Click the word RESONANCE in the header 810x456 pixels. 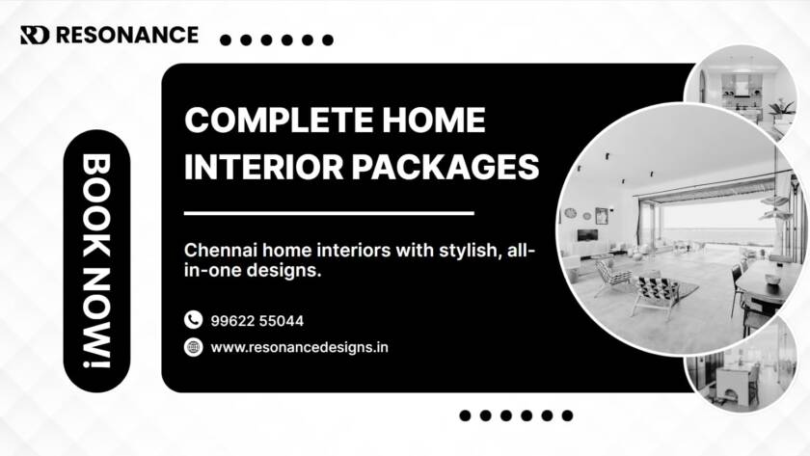[x=126, y=36]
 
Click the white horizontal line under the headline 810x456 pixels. [x=329, y=213]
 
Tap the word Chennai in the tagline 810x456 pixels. [x=219, y=251]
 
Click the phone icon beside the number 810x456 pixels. [x=193, y=320]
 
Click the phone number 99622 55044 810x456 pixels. [x=256, y=320]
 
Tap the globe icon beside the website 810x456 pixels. [x=193, y=347]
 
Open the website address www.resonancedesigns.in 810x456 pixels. [x=299, y=347]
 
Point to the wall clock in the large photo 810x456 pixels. [x=570, y=213]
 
